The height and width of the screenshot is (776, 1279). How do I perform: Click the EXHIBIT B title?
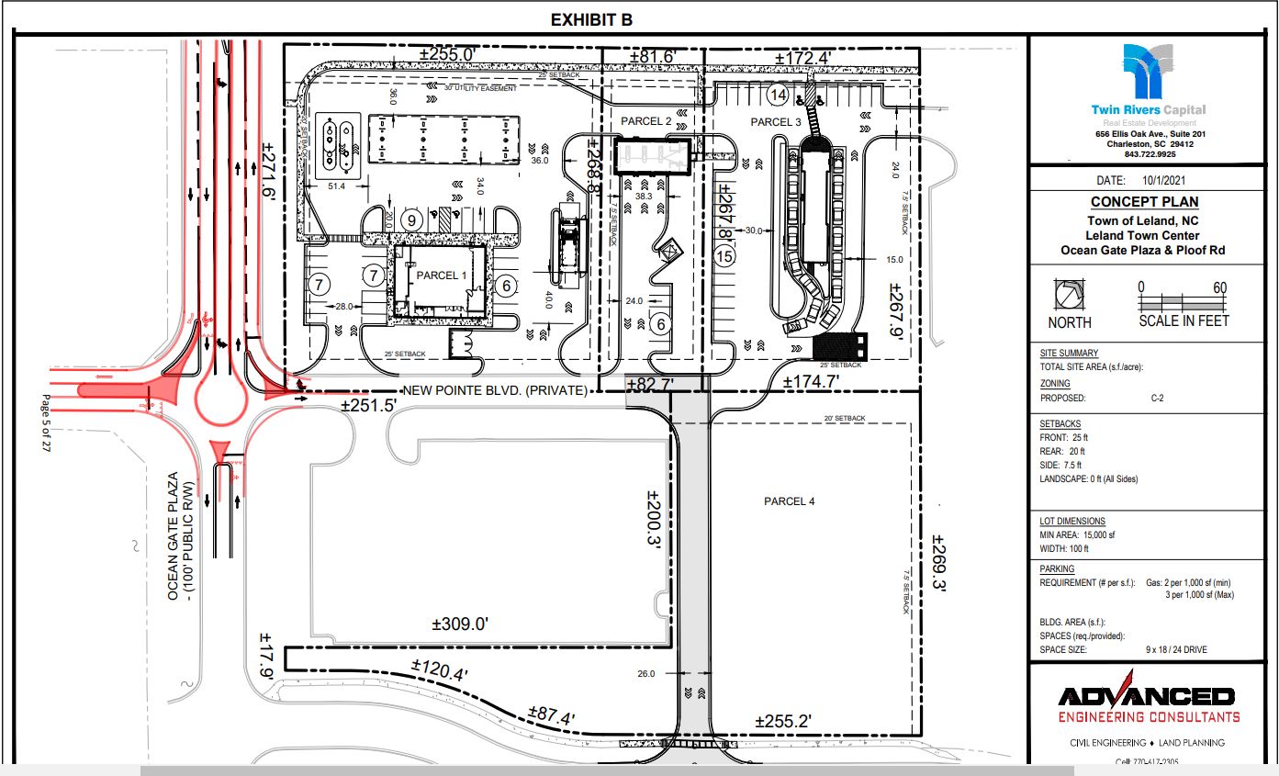[x=591, y=19]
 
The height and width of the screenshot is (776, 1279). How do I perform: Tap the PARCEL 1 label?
[x=442, y=276]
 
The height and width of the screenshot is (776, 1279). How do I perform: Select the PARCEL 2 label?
[x=646, y=121]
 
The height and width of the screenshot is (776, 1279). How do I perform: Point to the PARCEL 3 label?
[x=776, y=122]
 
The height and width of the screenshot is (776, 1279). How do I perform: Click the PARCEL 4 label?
[x=789, y=501]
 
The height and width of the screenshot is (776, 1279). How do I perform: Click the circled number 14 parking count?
[x=779, y=95]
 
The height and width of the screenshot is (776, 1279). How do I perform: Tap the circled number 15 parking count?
[x=724, y=257]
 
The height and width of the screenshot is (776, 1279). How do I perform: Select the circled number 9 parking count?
[x=411, y=219]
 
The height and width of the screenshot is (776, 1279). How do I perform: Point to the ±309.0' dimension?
[x=459, y=624]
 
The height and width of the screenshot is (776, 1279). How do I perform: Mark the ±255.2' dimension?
[x=782, y=721]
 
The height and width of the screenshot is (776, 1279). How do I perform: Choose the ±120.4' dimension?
[x=440, y=671]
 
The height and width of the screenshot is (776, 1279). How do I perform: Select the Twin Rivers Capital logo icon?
[x=1148, y=72]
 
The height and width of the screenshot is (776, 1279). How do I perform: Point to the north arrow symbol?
[x=1070, y=296]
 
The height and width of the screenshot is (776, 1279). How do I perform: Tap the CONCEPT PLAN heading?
[x=1144, y=202]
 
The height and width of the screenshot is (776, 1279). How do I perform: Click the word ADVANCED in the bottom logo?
[x=1147, y=696]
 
